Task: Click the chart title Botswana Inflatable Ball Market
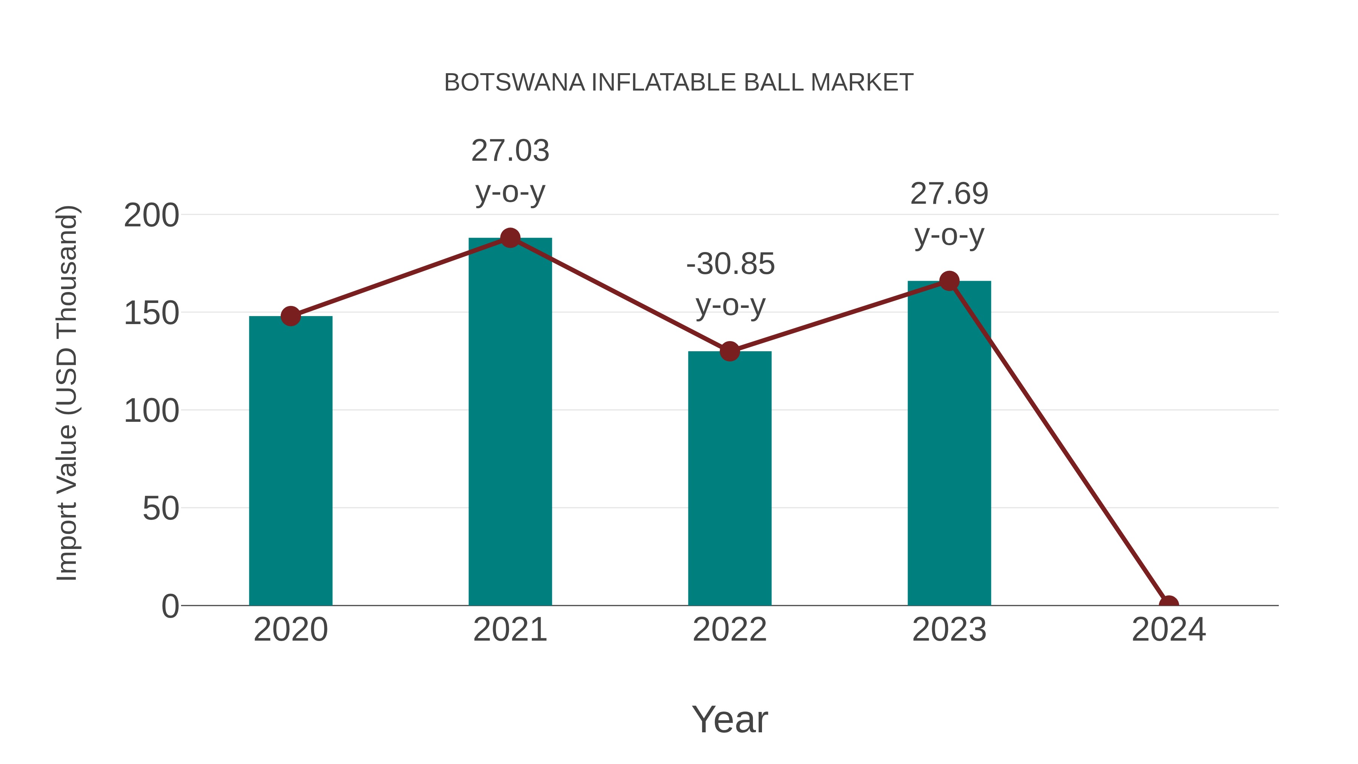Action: (679, 83)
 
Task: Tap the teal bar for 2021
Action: (510, 422)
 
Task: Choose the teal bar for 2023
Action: (949, 443)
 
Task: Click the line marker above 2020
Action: (290, 317)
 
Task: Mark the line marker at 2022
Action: (730, 351)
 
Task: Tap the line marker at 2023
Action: (949, 281)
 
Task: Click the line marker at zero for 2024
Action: (1169, 604)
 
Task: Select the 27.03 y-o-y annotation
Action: (510, 171)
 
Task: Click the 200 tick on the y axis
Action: (151, 216)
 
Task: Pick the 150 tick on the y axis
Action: (151, 313)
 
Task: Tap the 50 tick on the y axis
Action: (160, 509)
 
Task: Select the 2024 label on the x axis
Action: (1169, 630)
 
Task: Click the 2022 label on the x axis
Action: (730, 630)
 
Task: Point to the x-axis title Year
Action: (730, 719)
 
